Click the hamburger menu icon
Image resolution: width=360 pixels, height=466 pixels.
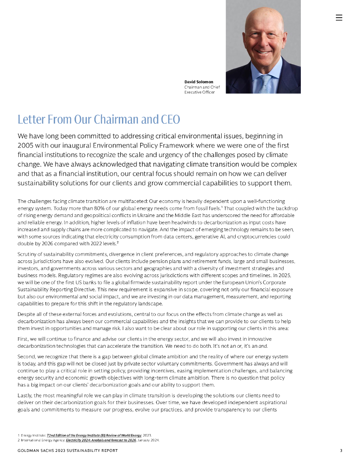coord(339,18)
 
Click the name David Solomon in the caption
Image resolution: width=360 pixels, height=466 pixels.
coord(198,82)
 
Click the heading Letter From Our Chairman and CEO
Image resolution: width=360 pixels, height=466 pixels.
coord(99,120)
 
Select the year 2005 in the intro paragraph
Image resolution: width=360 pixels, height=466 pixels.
coord(27,145)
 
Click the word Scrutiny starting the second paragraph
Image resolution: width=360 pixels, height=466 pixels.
coord(27,254)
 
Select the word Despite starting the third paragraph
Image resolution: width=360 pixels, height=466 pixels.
coord(26,314)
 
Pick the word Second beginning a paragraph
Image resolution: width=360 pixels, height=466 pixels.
coord(26,356)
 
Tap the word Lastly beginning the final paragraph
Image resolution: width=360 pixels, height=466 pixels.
coord(25,395)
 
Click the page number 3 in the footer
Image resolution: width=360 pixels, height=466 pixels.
coord(341,451)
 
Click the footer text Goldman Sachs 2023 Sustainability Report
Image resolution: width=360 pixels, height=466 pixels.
coord(67,451)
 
